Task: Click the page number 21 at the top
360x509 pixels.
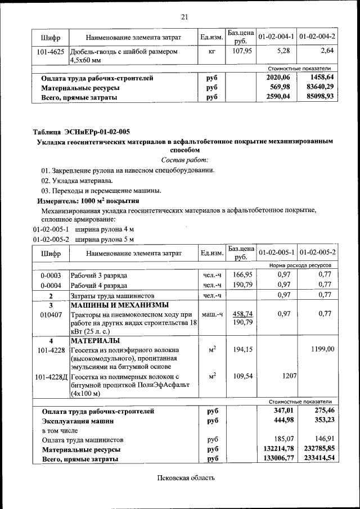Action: [184, 16]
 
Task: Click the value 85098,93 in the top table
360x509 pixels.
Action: [319, 96]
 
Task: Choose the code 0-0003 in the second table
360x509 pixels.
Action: [51, 276]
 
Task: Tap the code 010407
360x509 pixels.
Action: [51, 314]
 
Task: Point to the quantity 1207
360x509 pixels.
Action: [288, 375]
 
